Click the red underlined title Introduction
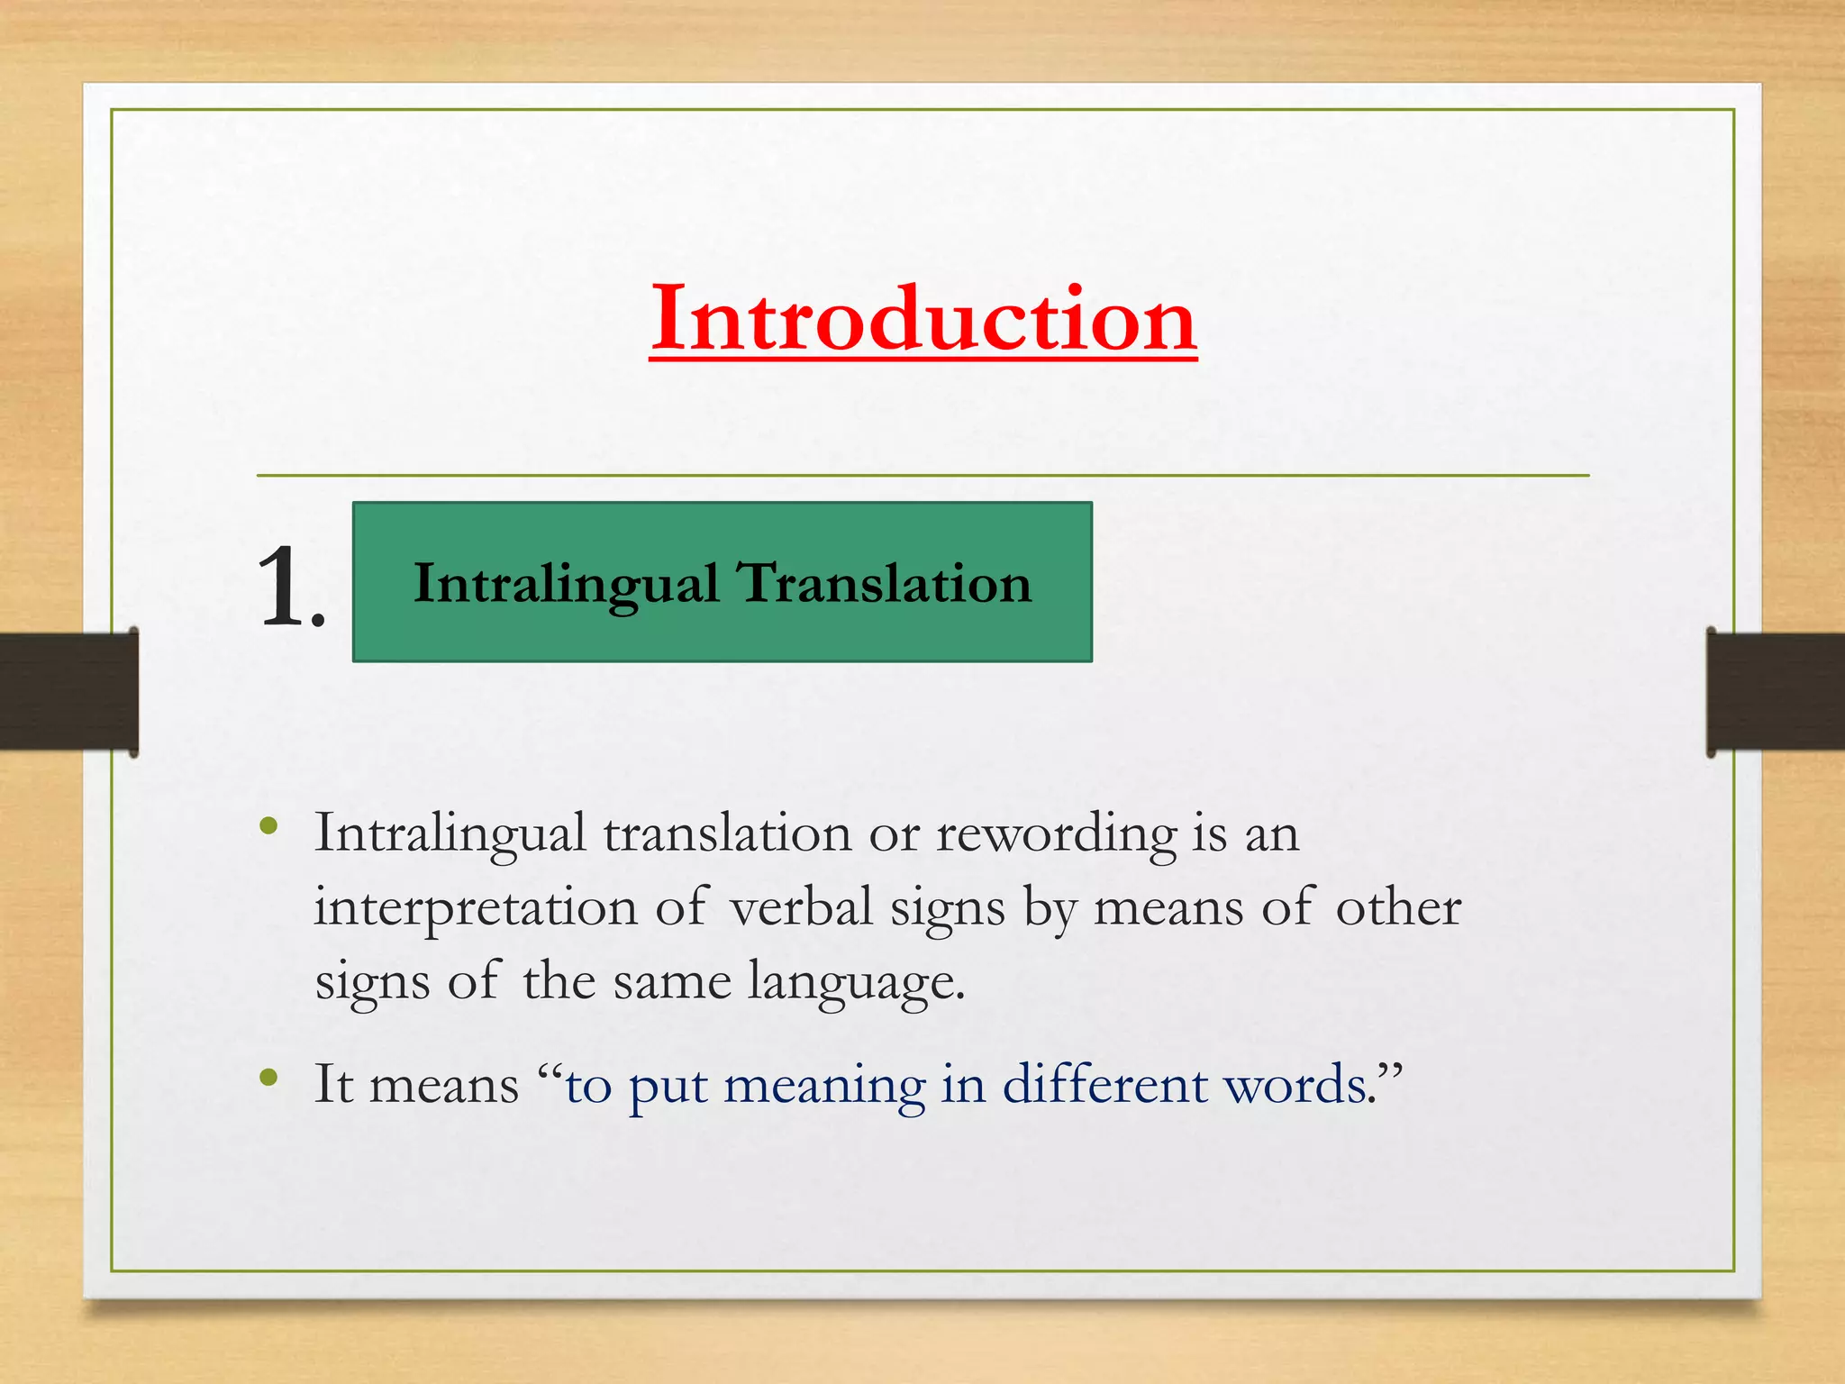922,320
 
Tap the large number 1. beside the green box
290,587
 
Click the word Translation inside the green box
885,583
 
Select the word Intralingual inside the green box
566,585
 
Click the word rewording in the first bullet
1056,834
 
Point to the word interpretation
475,908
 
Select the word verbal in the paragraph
801,906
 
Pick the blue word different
1104,1084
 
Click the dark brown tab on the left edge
68,691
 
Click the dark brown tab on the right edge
1775,691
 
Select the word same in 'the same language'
672,982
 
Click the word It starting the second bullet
332,1084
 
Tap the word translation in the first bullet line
726,833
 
